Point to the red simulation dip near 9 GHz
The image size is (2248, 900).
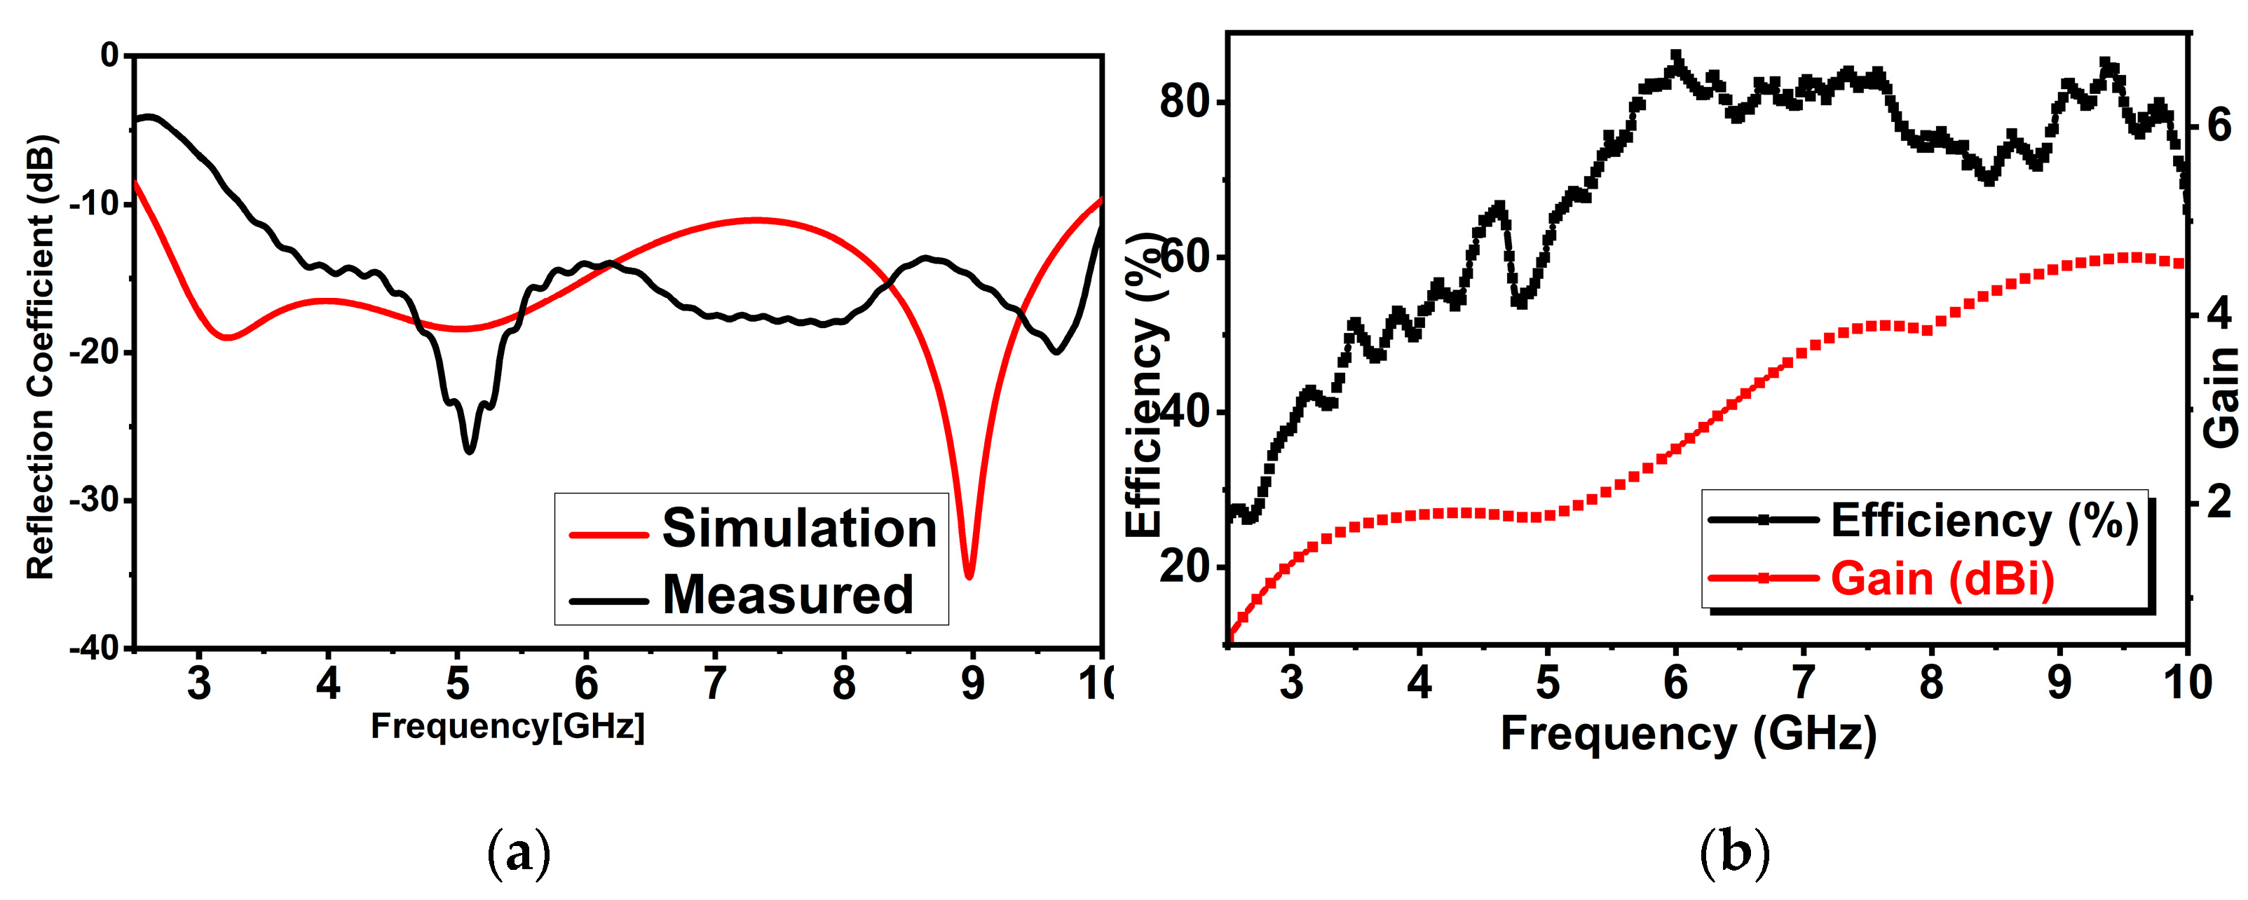969,573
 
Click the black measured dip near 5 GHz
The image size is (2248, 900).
470,449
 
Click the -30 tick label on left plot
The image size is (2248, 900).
96,501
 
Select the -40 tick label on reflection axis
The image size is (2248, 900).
96,648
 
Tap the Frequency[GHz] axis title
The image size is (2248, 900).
508,727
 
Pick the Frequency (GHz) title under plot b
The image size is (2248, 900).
1688,734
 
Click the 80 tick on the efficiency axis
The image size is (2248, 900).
1183,102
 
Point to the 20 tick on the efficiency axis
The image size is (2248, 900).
1183,568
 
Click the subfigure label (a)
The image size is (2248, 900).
519,853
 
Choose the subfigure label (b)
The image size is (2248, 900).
1735,853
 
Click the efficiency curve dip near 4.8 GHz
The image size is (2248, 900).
1520,302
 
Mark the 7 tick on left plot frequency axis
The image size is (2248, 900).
715,683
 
